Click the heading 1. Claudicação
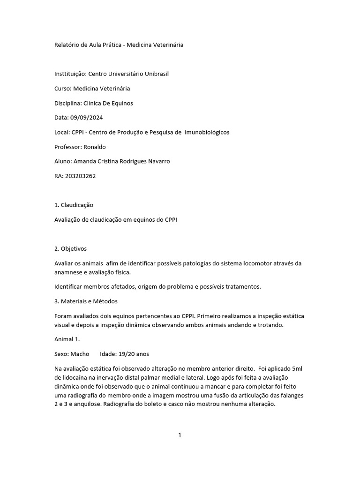(x=74, y=205)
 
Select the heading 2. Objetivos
(x=71, y=248)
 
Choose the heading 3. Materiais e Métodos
(x=86, y=301)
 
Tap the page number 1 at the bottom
(x=180, y=435)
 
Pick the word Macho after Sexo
(x=80, y=354)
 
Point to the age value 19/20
(x=127, y=354)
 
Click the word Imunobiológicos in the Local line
(x=207, y=132)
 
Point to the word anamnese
(x=69, y=272)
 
